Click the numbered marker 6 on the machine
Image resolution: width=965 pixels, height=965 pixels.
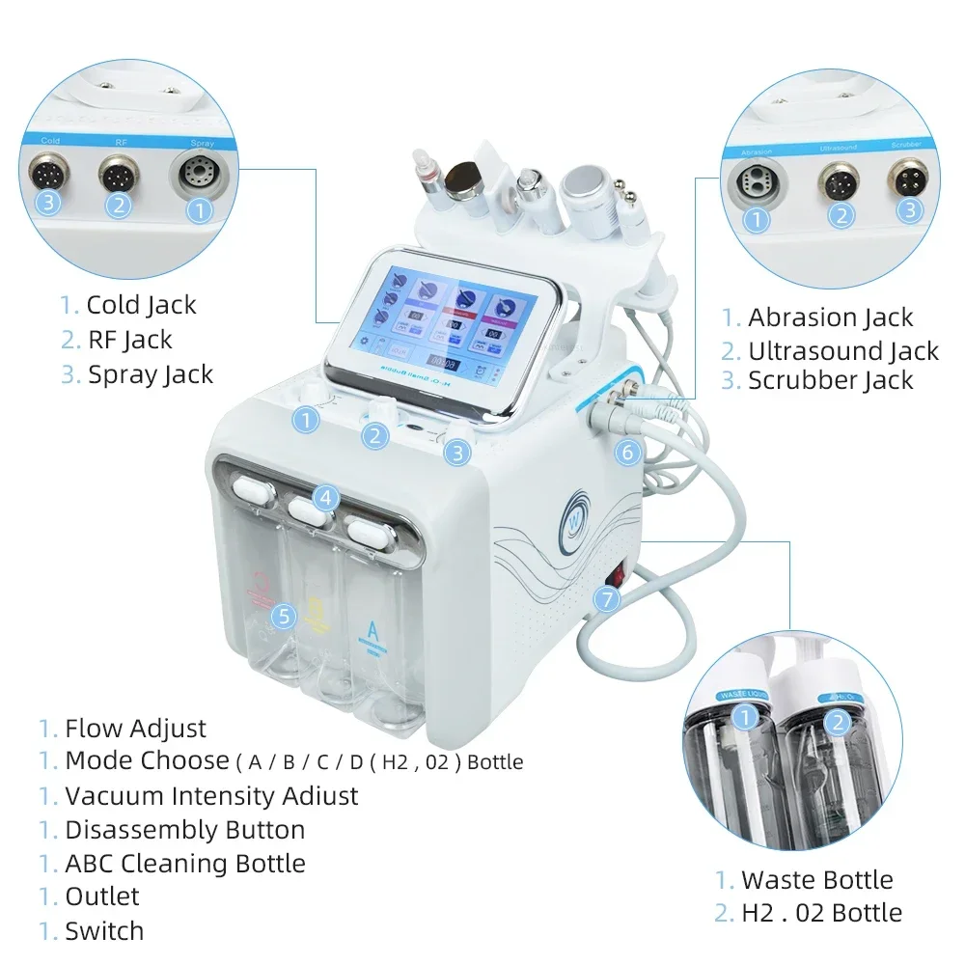click(627, 451)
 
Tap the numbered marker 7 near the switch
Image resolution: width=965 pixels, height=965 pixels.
click(606, 598)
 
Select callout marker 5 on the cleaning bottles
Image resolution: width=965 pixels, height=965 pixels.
click(282, 616)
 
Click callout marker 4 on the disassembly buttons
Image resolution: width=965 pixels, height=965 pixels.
click(326, 499)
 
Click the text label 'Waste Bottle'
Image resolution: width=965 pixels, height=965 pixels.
click(816, 880)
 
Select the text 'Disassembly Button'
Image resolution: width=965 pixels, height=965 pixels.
click(184, 830)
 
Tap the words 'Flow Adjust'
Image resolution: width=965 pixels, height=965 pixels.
click(135, 729)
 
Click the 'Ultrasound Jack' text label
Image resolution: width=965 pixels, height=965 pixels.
click(842, 351)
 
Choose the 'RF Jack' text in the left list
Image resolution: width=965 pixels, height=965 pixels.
click(129, 340)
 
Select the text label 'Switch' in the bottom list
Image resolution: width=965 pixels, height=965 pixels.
click(104, 931)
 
